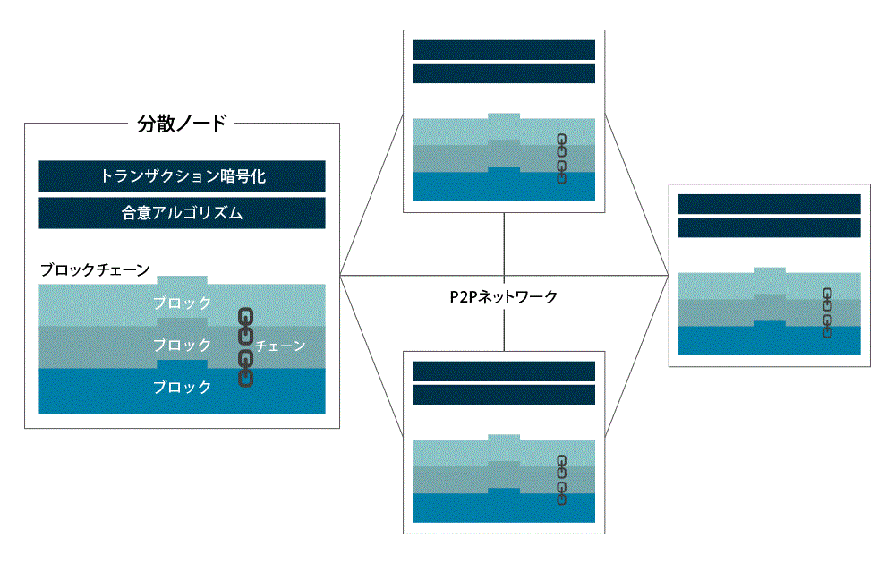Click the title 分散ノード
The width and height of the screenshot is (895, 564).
coord(182,124)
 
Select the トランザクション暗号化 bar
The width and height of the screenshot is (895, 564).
coord(182,176)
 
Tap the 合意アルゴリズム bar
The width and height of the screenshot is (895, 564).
coord(182,213)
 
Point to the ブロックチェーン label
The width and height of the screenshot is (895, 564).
coord(94,269)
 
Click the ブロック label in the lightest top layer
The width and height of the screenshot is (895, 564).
coord(182,303)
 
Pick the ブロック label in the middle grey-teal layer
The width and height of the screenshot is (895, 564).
coord(182,345)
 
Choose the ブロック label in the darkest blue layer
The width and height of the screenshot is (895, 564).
coord(182,387)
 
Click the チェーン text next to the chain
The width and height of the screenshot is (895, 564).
coord(280,346)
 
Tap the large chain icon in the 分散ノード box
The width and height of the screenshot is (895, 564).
coord(245,347)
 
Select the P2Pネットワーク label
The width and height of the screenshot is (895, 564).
coord(504,297)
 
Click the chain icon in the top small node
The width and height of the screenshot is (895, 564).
coord(562,158)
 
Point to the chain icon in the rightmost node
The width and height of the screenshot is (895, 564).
coord(828,312)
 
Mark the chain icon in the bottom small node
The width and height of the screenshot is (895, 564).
coord(562,480)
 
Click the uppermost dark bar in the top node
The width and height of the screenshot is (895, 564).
coord(504,50)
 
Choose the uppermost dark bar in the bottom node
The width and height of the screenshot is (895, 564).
coord(504,371)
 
